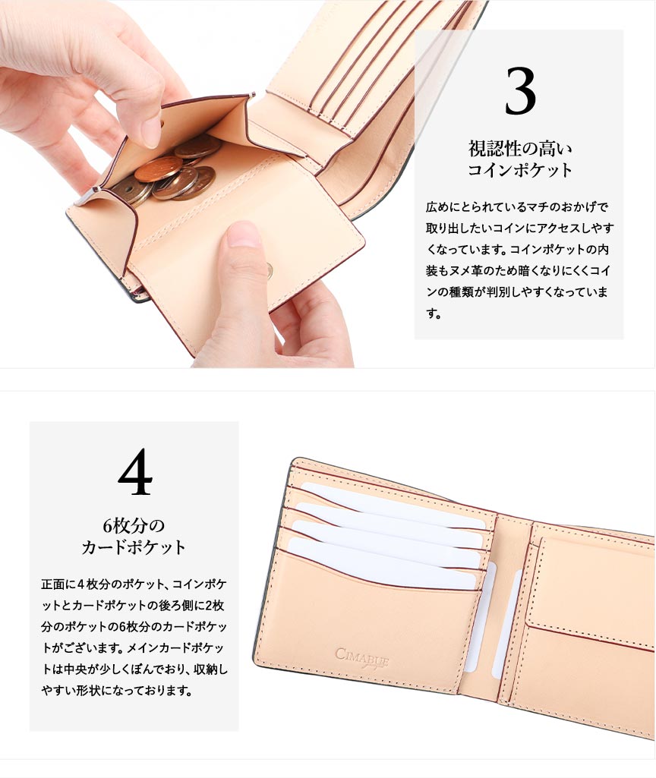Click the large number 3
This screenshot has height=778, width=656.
[x=520, y=91]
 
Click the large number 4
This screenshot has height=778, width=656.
[x=135, y=471]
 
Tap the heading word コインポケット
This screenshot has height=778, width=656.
[x=520, y=170]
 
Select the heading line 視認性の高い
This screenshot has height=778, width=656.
[x=520, y=148]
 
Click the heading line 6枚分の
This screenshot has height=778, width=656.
[x=134, y=525]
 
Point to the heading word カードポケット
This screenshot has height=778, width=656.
[x=134, y=547]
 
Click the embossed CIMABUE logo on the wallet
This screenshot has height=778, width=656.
[x=361, y=658]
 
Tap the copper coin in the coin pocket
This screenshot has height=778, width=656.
[x=158, y=169]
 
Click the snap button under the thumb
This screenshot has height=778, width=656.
[x=269, y=270]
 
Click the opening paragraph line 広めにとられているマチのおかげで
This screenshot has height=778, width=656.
[x=517, y=206]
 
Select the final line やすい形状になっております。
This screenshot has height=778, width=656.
[x=117, y=690]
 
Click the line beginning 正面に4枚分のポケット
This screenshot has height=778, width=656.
[x=134, y=584]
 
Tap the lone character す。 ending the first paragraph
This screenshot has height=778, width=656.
[x=434, y=313]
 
